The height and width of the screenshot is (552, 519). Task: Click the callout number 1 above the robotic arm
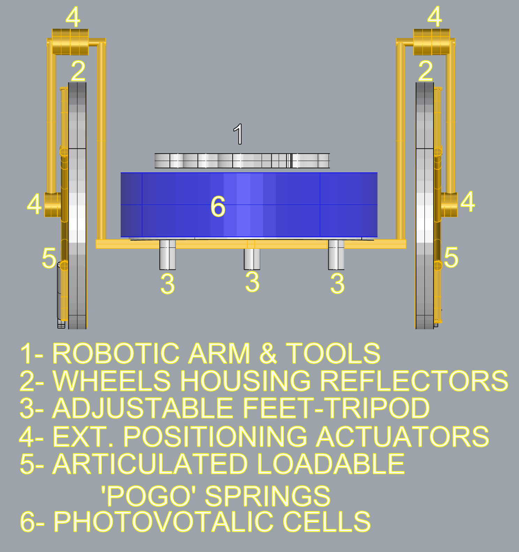[x=238, y=134]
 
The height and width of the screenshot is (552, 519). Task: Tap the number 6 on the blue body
[x=218, y=206]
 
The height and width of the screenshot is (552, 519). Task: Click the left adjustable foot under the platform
[x=167, y=255]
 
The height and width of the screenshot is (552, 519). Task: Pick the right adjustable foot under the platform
[x=336, y=255]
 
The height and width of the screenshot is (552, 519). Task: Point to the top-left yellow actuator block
[x=70, y=42]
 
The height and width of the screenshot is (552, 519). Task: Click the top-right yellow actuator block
[x=431, y=42]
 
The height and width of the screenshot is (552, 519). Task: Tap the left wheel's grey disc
[x=77, y=206]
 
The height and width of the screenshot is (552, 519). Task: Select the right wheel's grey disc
[x=425, y=206]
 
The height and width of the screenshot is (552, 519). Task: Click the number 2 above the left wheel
[x=78, y=71]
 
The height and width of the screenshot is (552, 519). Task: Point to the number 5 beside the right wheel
[x=451, y=258]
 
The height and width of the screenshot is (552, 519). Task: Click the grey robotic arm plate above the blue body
[x=242, y=161]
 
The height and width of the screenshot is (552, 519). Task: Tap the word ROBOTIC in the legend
[x=116, y=353]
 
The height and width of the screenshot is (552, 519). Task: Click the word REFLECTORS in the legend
[x=414, y=381]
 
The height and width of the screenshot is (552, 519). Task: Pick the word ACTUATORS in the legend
[x=403, y=436]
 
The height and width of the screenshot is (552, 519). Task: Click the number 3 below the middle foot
[x=252, y=282]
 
